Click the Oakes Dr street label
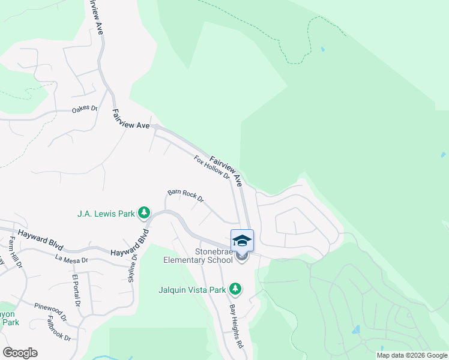(85, 109)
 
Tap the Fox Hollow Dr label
(212, 167)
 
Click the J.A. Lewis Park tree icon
(144, 212)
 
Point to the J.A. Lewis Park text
(106, 213)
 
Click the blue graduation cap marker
(242, 241)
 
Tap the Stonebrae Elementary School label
(197, 256)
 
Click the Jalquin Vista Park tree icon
(236, 289)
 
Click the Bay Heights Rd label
(237, 326)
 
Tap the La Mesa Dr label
(71, 260)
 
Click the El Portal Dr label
(76, 291)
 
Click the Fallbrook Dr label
(59, 329)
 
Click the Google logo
(20, 353)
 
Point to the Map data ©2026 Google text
(412, 355)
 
